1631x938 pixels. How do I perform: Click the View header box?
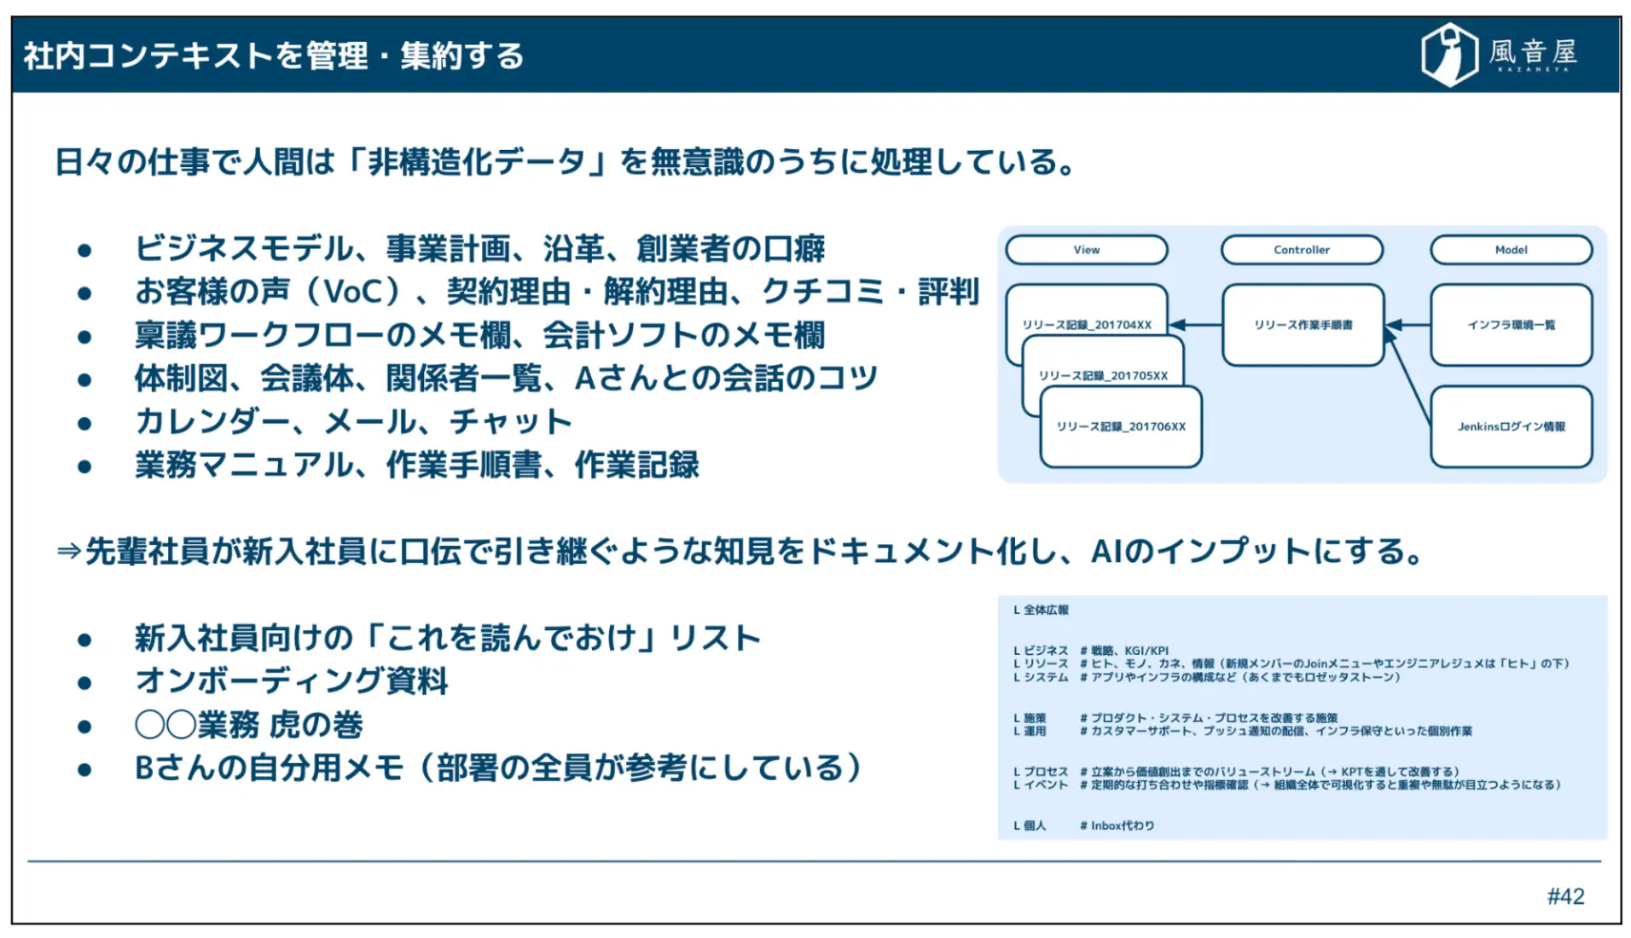[1086, 250]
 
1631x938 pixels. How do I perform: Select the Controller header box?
[1301, 250]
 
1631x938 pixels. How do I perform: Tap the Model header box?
[1510, 250]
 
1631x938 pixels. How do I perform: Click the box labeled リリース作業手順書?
[1302, 325]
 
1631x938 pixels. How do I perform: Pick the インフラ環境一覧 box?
[1510, 325]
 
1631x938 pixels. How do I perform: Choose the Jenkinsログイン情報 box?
[1510, 426]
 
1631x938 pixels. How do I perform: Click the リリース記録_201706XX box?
[1120, 427]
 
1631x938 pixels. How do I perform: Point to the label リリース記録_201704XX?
[1086, 325]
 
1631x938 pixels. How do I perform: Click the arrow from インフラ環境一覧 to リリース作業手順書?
[1408, 325]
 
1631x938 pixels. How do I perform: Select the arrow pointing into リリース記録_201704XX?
[1195, 325]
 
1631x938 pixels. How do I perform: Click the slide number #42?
[1565, 896]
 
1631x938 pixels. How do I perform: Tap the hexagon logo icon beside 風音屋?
[1448, 55]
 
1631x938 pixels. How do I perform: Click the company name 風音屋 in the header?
[1533, 53]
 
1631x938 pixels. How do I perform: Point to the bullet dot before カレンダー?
[84, 424]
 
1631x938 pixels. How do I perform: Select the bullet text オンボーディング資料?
[291, 681]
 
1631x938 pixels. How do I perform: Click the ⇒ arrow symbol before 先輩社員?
[68, 552]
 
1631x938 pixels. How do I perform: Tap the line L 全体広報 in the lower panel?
[1041, 610]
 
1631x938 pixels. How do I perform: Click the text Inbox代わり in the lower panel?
[1122, 825]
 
